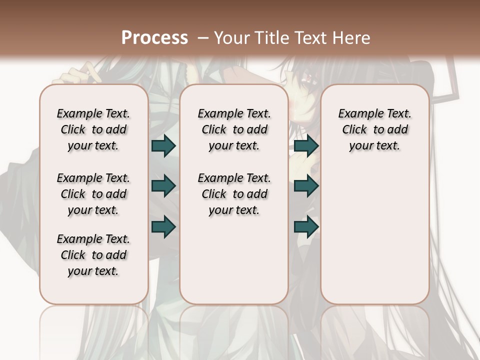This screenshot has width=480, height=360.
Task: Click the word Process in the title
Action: (154, 37)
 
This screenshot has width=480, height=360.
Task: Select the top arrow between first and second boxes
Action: (163, 145)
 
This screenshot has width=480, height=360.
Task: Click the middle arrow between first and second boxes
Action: (163, 186)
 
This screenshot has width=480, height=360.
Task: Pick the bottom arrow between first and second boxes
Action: (163, 226)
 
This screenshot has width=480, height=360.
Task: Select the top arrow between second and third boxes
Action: (306, 145)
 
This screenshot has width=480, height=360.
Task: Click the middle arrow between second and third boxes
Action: (306, 186)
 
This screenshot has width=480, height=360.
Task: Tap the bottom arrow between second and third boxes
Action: (306, 226)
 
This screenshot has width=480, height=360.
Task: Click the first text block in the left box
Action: (93, 129)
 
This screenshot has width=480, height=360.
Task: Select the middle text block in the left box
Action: (93, 194)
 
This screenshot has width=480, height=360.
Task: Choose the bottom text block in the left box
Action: (93, 255)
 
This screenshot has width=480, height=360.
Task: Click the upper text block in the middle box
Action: (234, 129)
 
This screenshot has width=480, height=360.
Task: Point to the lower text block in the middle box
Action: (234, 194)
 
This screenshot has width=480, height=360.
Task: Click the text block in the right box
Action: (375, 129)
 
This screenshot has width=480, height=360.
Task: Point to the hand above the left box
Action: (75, 74)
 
